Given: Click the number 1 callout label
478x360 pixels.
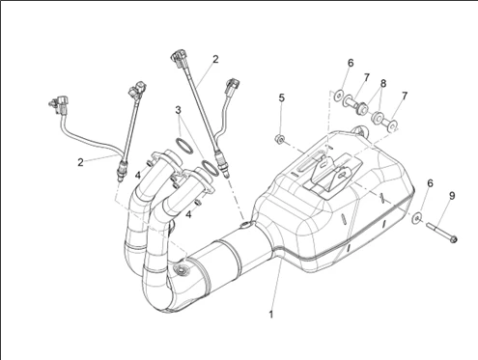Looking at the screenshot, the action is pos(271,315).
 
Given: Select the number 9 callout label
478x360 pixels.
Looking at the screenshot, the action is pos(452,196).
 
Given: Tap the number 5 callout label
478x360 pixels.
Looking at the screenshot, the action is pos(282,97).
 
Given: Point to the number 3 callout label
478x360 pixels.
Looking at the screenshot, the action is pos(179,110).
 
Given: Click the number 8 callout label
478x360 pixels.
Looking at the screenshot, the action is pos(383,83).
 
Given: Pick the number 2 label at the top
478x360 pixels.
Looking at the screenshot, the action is pos(215,59).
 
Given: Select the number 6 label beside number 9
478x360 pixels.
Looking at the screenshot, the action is pos(430,183).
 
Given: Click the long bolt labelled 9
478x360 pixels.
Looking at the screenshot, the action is pos(441,232).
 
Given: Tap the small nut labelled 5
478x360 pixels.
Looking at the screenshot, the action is pos(280,140).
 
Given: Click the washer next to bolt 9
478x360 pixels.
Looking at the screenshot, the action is pos(417,218).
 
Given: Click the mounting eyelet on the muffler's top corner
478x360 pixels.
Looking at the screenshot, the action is pos(360,131).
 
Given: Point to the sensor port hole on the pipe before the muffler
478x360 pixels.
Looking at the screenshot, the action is pos(246,224).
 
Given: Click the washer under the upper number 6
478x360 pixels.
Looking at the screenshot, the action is pos(339,96).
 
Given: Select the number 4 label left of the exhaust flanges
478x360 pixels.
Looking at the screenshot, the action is pos(138,176).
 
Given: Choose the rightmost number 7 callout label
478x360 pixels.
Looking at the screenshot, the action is pos(405,96).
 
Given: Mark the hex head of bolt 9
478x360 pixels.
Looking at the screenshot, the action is pos(453,239).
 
